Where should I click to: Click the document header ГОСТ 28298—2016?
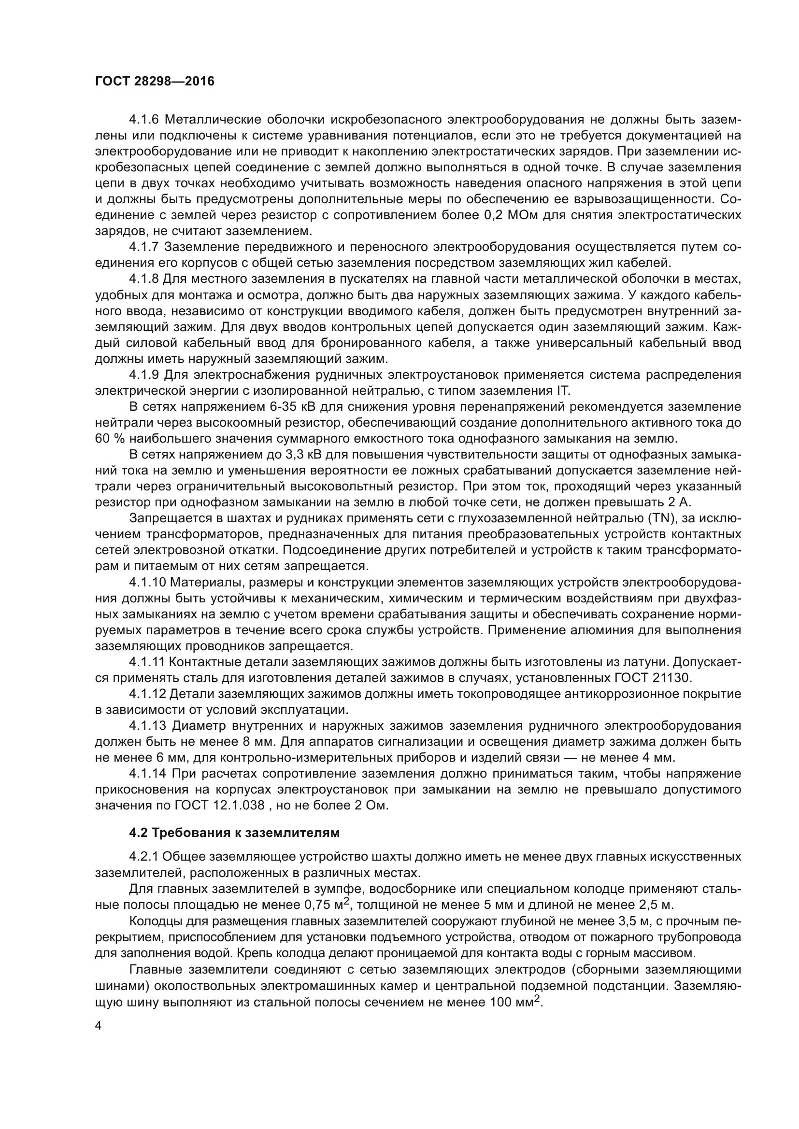click(155, 81)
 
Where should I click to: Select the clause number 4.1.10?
click(147, 583)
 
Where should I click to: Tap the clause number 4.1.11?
click(147, 662)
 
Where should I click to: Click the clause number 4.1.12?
click(147, 694)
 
